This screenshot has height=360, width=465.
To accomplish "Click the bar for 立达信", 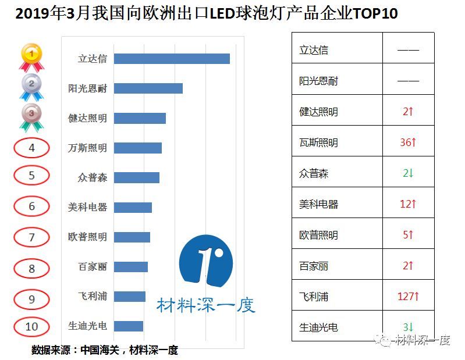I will [172, 59].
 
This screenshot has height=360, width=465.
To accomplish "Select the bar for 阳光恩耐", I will [148, 88].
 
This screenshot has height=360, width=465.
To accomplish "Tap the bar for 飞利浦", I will [130, 297].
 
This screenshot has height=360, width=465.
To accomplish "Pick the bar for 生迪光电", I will [129, 326].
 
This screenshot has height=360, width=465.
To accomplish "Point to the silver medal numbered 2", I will [31, 86].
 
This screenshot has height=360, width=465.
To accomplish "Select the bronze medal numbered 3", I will [31, 116].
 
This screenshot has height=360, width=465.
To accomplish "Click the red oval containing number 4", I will [31, 148].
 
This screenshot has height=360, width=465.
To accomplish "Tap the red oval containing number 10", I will [31, 326].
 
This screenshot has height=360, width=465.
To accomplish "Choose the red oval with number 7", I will [31, 237].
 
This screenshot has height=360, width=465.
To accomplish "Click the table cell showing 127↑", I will [408, 296].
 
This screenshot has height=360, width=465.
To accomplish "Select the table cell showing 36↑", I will [408, 142].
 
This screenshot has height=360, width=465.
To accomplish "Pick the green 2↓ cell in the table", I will [408, 173].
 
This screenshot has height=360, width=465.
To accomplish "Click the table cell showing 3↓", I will [408, 327].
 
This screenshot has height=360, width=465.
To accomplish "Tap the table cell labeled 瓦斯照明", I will [337, 142].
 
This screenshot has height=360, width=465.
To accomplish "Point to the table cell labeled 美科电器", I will [337, 204].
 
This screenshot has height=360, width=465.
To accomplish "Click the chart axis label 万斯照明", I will [87, 148].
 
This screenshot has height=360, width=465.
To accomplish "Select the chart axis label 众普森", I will [93, 177].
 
